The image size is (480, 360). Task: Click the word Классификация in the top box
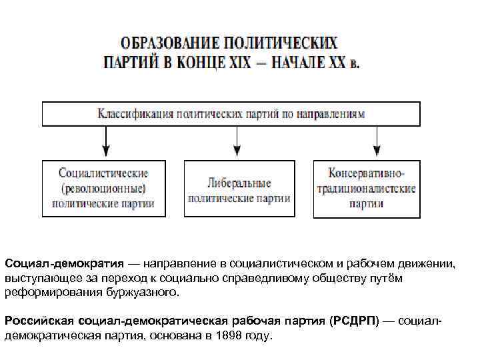pyautogui.click(x=134, y=113)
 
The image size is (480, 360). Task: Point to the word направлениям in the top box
pyautogui.click(x=331, y=113)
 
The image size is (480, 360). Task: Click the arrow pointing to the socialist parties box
pyautogui.click(x=104, y=141)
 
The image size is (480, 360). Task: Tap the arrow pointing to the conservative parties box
pyautogui.click(x=377, y=141)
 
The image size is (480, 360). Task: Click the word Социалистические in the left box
pyautogui.click(x=103, y=175)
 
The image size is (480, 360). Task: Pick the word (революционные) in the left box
pyautogui.click(x=103, y=189)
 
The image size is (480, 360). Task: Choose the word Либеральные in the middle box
pyautogui.click(x=238, y=183)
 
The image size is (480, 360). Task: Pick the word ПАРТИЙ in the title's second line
pyautogui.click(x=129, y=65)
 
